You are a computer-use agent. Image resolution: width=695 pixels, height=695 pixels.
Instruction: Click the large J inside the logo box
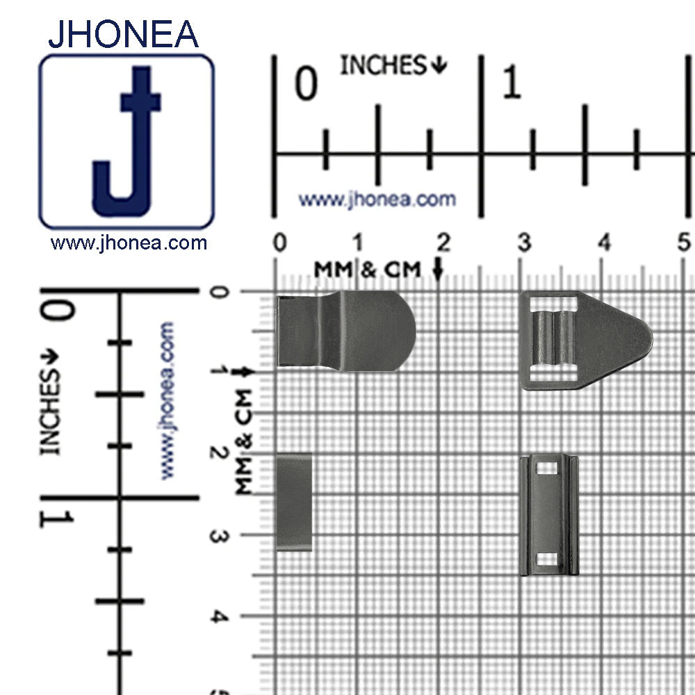126,142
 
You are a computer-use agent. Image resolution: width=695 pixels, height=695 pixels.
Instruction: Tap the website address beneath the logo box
129,243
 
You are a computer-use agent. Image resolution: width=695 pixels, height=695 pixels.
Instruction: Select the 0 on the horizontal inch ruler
306,83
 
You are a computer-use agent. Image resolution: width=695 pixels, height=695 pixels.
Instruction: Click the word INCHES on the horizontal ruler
383,65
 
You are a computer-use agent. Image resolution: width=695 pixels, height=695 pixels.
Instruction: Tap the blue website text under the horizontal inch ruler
377,199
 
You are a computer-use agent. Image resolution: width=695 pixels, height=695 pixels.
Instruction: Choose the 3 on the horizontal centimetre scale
524,243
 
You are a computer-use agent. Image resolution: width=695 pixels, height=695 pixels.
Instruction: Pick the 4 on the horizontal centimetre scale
605,243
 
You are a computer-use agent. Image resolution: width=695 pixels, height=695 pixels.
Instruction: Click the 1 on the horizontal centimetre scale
358,243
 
